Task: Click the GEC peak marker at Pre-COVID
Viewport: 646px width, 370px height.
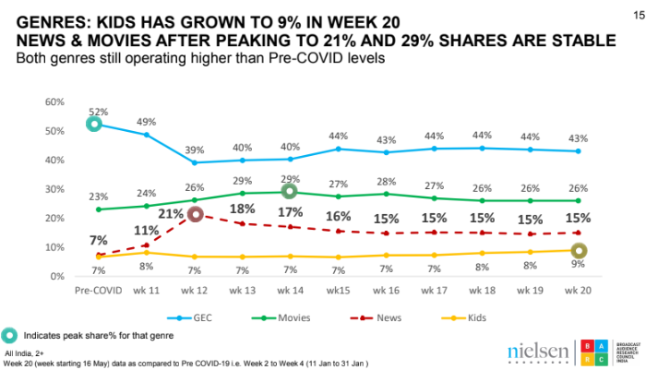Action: coord(93,125)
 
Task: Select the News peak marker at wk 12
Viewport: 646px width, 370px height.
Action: coord(195,215)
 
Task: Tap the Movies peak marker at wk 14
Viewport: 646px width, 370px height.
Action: coord(289,191)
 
